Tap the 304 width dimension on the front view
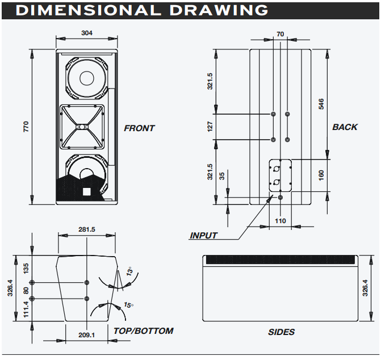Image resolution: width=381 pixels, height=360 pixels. pos(87,33)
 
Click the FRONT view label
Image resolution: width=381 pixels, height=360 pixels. pos(139,128)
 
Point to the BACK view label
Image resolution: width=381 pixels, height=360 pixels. pos(345,127)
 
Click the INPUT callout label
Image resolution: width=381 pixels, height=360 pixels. pos(203,236)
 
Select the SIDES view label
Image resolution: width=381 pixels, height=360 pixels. pos(281,332)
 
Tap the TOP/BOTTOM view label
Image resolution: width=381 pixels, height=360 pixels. pos(143,330)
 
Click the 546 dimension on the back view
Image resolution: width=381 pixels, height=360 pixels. pos(321,104)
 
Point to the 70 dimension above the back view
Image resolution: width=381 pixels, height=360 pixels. pos(280,35)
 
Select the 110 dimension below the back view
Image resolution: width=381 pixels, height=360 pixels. pos(280,221)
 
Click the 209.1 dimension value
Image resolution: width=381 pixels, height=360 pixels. pos(86,335)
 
